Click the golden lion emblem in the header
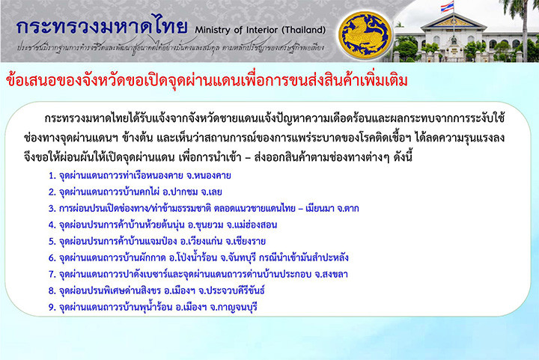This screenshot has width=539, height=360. pyautogui.click(x=365, y=36)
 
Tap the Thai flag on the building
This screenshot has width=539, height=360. pyautogui.click(x=447, y=7)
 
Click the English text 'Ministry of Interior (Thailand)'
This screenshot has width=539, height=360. pyautogui.click(x=261, y=30)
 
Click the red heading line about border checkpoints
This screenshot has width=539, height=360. pyautogui.click(x=207, y=80)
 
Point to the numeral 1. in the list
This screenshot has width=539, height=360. pyautogui.click(x=52, y=176)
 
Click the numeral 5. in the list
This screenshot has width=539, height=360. pyautogui.click(x=52, y=242)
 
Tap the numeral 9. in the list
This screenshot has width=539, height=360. pyautogui.click(x=52, y=307)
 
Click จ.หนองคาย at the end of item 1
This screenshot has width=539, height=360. pyautogui.click(x=209, y=176)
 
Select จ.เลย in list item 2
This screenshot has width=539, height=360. pyautogui.click(x=211, y=192)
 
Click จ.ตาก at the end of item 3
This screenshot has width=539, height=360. pyautogui.click(x=346, y=209)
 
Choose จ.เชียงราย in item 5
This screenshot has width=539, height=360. pyautogui.click(x=246, y=241)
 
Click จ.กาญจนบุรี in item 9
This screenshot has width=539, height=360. pyautogui.click(x=234, y=307)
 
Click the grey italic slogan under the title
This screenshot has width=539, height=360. pyautogui.click(x=171, y=48)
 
